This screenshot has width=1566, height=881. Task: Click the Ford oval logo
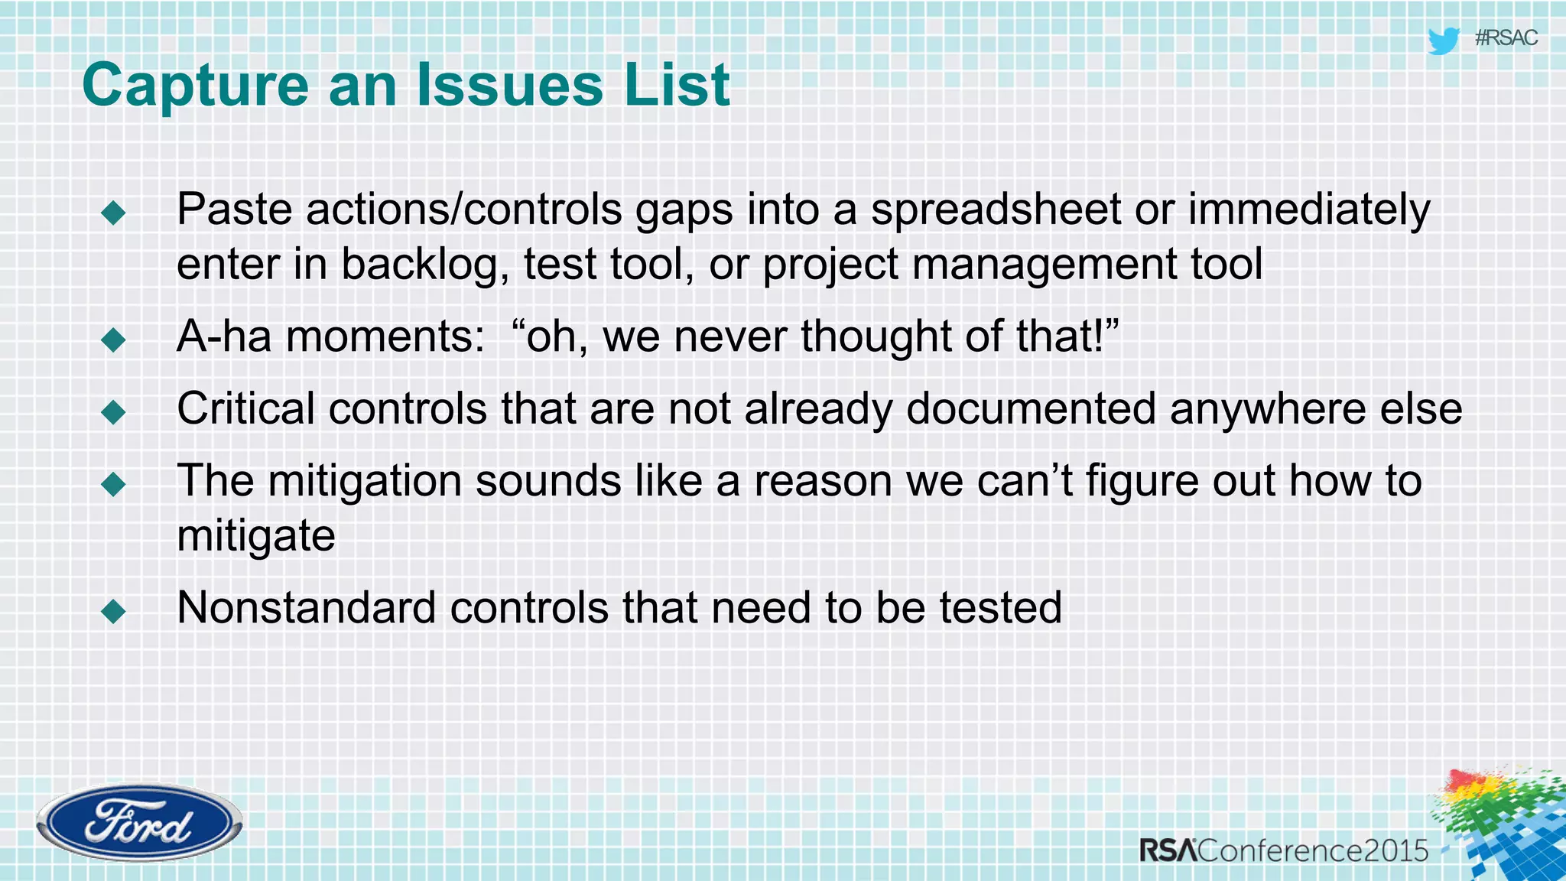point(139,824)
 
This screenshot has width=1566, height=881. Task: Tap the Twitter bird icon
point(1443,40)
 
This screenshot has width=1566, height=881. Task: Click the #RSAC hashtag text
point(1505,37)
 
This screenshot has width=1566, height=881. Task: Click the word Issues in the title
point(510,85)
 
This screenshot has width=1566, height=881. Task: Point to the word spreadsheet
point(996,210)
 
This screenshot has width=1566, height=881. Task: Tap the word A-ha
point(223,336)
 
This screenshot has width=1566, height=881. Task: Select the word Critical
point(245,408)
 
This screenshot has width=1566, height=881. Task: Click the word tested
point(1000,608)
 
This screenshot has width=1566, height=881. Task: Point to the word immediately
point(1308,210)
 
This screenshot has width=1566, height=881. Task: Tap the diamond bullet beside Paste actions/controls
point(113,213)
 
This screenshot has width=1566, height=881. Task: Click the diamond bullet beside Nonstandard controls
point(113,611)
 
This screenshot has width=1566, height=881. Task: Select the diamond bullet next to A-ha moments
point(113,340)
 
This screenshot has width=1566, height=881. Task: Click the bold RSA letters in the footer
point(1168,850)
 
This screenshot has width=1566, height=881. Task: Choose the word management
point(1044,265)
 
